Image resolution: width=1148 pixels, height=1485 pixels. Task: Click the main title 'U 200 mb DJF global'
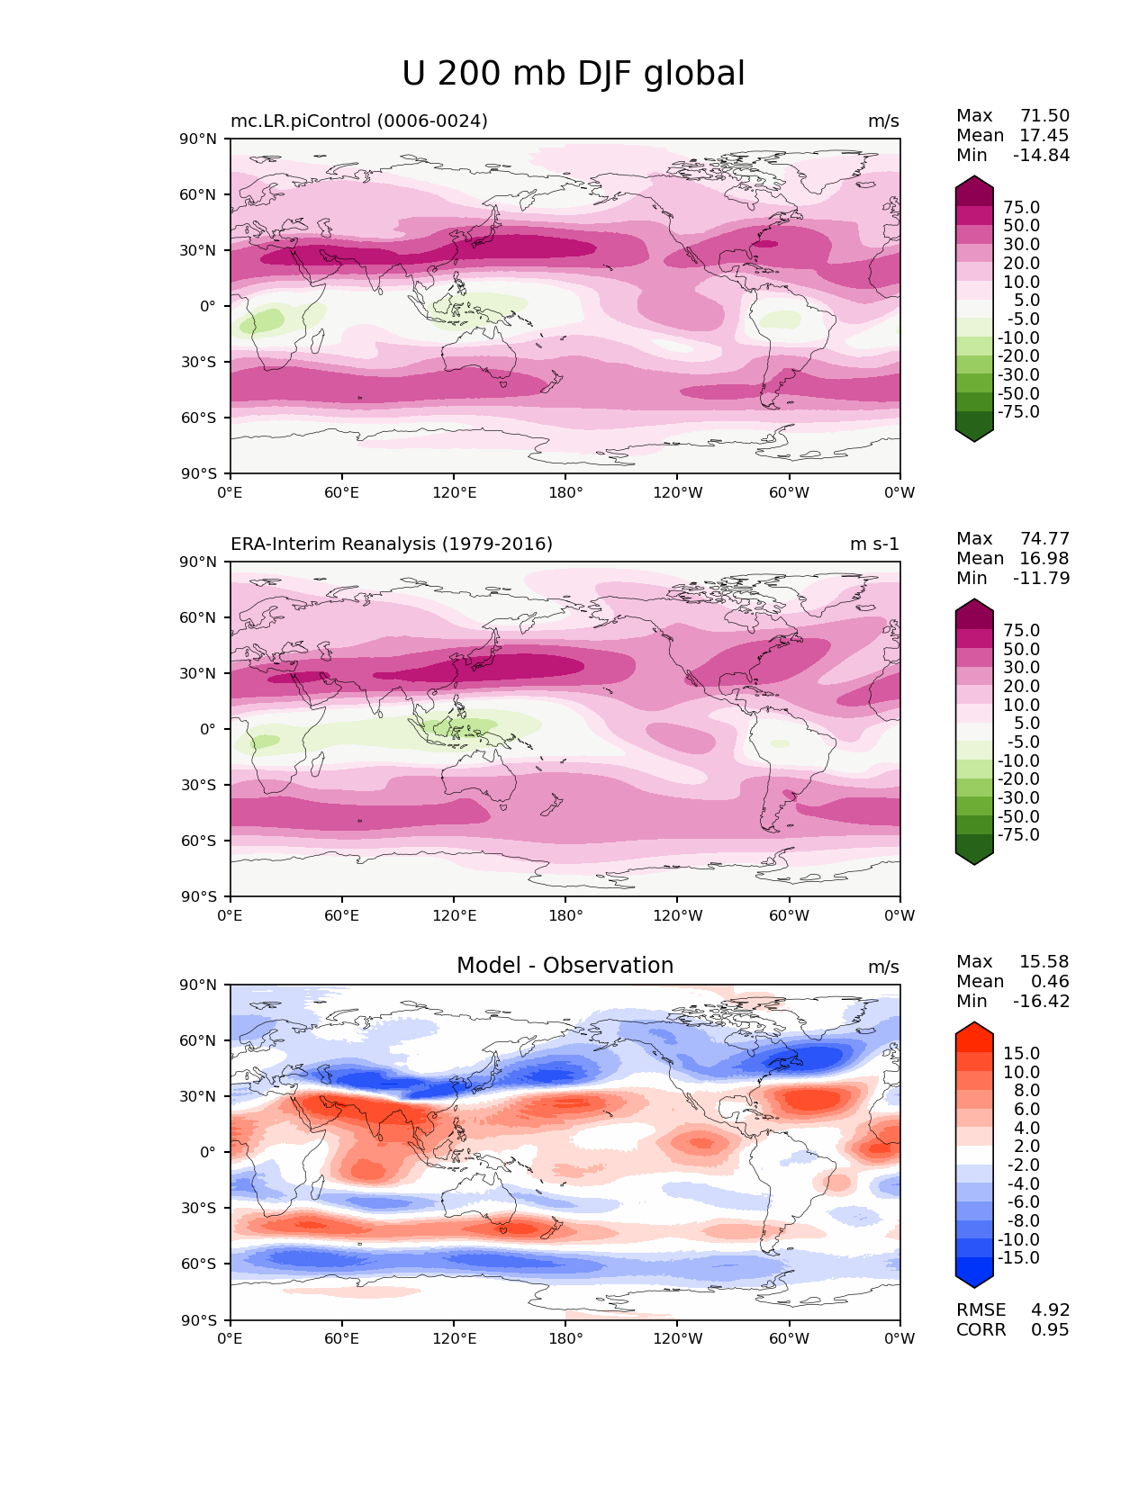[x=573, y=74]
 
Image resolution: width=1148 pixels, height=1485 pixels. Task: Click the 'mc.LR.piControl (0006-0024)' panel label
[x=359, y=121]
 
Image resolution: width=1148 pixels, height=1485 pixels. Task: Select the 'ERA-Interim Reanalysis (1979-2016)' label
[x=392, y=544]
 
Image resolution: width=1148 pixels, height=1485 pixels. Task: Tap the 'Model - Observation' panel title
[x=565, y=966]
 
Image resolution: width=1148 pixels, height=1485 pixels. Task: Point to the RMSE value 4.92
[x=1050, y=1309]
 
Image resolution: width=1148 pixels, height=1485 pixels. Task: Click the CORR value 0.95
[x=1050, y=1329]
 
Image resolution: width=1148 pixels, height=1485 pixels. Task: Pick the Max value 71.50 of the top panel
[x=1044, y=115]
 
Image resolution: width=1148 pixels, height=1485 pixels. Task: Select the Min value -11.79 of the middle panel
[x=1042, y=578]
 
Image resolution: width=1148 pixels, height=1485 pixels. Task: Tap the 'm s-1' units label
[x=874, y=544]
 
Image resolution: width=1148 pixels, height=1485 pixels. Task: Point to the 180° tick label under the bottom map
[x=565, y=1338]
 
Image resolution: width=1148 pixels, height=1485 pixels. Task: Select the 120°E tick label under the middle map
[x=454, y=915]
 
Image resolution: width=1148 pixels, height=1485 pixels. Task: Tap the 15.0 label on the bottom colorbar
[x=1021, y=1053]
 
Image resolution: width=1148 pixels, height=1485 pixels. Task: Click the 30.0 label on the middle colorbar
[x=1021, y=667]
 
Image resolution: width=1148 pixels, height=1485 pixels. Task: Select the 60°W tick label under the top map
[x=789, y=492]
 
